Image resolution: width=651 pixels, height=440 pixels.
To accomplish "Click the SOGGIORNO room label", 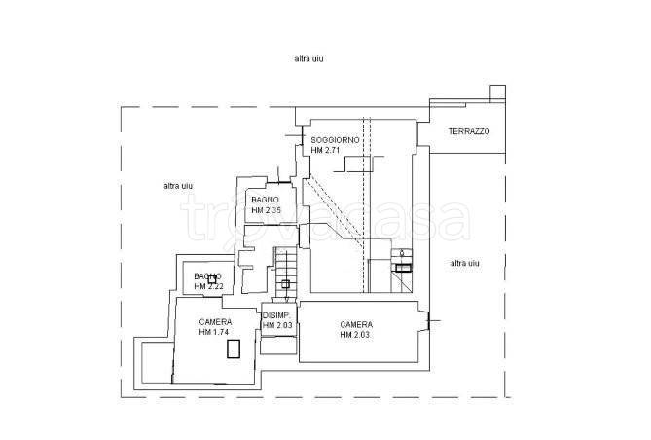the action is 335,140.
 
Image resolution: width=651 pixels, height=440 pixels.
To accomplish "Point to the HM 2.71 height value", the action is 325,151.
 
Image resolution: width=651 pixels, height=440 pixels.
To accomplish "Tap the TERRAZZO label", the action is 469,131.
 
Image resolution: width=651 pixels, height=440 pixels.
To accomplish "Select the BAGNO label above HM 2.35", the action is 265,200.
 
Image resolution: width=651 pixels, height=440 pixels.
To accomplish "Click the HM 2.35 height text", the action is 266,210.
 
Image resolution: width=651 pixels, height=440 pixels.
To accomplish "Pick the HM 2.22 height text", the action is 209,287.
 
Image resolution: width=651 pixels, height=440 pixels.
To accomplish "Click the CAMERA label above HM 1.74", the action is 215,322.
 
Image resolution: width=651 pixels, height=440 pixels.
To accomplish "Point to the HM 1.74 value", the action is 214,332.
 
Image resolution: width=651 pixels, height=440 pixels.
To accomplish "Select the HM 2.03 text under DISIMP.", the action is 277,325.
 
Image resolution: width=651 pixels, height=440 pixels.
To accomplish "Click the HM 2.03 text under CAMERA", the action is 355,335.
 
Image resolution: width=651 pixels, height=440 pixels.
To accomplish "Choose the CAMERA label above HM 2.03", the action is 356,324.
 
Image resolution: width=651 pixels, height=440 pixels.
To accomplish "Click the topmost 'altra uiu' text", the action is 308,59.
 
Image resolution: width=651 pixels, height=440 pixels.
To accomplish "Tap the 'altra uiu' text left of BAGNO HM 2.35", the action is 178,186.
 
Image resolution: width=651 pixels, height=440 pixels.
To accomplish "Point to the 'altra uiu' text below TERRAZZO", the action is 464,263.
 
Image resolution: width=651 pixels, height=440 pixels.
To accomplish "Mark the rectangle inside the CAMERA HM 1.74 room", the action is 234,348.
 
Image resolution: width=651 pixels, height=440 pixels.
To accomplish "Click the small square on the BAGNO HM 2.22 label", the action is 212,279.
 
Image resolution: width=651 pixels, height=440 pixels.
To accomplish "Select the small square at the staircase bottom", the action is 285,284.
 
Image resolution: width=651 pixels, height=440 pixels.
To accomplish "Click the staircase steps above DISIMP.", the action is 286,273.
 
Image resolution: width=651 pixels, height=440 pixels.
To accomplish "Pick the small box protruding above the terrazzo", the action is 498,93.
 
